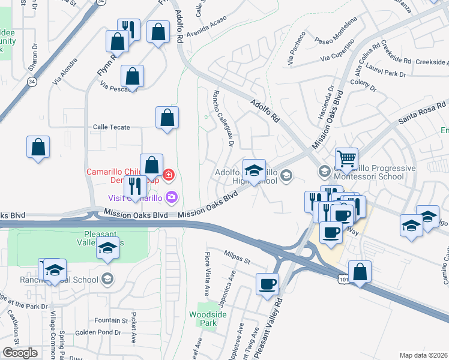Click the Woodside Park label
[x=203, y=319]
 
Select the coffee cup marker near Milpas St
[x=267, y=284]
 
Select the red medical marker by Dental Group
[x=169, y=175]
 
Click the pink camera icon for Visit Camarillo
[x=172, y=196]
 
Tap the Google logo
[x=20, y=353]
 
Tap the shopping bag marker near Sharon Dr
[x=38, y=148]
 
